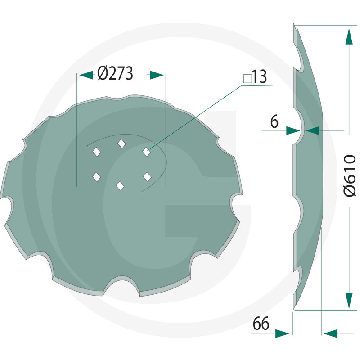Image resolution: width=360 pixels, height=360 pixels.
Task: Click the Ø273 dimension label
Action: (115, 74)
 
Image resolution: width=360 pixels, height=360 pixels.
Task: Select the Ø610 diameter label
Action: (350, 175)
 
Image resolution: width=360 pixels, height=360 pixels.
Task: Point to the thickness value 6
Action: (274, 121)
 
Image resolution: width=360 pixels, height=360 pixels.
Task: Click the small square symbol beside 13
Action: (247, 79)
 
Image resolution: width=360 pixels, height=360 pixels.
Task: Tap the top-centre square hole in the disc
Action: (121, 144)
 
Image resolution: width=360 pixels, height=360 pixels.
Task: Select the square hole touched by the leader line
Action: (147, 152)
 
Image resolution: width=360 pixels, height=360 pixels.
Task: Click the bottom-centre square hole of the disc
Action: (120, 186)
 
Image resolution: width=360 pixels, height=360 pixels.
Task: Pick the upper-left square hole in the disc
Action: (97, 152)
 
